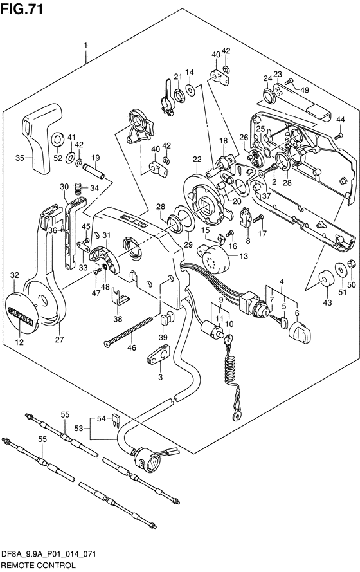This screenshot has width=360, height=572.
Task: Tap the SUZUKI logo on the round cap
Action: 21,316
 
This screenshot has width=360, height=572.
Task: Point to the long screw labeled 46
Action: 128,331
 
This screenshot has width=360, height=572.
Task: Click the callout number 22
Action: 197,160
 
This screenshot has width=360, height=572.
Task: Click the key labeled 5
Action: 280,320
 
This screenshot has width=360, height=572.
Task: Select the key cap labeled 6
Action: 300,331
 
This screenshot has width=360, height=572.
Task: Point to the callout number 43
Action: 327,302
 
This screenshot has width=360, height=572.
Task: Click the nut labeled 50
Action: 351,263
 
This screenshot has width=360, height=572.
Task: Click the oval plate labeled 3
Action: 159,355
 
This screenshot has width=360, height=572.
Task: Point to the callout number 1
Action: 85,46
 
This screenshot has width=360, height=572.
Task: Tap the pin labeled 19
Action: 94,171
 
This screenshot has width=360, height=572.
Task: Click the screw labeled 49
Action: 290,82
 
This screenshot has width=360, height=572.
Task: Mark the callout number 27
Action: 59,339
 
